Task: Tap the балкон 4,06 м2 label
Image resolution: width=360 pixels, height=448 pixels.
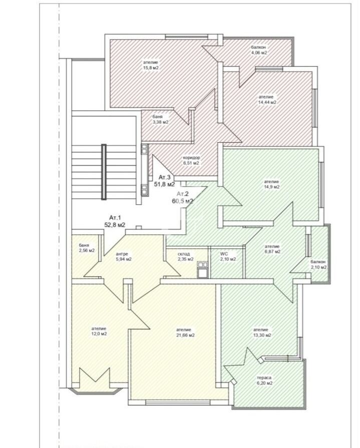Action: (x=259, y=50)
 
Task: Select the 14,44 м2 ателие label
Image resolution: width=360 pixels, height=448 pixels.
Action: (x=267, y=100)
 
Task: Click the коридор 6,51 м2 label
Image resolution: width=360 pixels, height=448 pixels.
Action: (x=191, y=160)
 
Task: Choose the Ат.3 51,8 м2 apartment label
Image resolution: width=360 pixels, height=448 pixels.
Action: (x=164, y=181)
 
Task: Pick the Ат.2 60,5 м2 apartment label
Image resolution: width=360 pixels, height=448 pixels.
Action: (x=182, y=197)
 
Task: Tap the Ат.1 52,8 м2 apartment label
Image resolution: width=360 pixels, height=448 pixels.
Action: (x=115, y=221)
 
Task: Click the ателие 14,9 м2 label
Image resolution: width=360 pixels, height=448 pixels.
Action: (x=271, y=184)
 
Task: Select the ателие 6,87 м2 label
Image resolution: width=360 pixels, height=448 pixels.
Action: (x=272, y=249)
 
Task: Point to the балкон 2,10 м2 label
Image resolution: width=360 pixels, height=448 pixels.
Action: (x=318, y=265)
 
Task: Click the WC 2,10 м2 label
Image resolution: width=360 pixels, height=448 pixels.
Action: (x=228, y=257)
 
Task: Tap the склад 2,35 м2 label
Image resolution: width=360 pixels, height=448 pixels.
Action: (x=185, y=257)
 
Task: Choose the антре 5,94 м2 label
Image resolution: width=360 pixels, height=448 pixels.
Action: (x=124, y=257)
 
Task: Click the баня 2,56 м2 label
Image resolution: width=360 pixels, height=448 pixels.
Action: (x=87, y=248)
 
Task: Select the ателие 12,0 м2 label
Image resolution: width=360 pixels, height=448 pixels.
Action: (x=99, y=331)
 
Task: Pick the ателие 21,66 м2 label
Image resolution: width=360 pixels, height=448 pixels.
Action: (x=185, y=332)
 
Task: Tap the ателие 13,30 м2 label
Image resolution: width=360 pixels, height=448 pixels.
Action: (x=262, y=332)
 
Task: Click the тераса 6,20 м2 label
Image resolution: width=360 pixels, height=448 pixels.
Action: (x=264, y=380)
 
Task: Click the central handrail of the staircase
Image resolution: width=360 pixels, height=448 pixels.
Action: (x=104, y=172)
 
